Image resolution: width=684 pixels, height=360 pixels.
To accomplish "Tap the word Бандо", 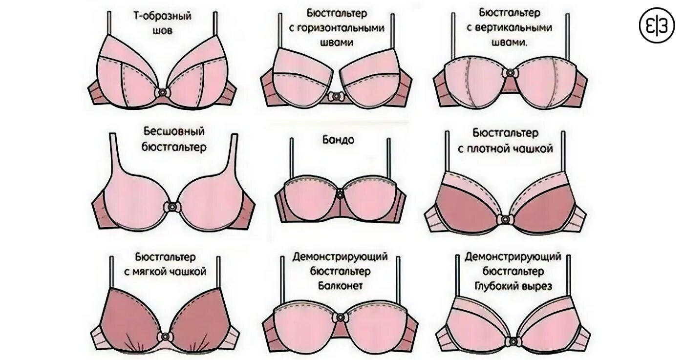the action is click(x=339, y=140).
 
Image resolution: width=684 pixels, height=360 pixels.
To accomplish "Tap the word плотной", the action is click(x=492, y=148).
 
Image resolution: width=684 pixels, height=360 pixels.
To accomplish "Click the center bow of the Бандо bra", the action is click(x=340, y=191).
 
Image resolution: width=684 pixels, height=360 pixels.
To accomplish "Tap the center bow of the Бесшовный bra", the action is click(x=173, y=207).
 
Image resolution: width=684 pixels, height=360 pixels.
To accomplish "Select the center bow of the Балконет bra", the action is click(x=340, y=318).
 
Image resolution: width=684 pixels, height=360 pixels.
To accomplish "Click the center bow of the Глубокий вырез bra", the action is click(x=513, y=340).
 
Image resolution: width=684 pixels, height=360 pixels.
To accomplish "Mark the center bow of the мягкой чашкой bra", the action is click(x=165, y=337).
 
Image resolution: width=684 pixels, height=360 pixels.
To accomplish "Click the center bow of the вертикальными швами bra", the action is click(x=511, y=73).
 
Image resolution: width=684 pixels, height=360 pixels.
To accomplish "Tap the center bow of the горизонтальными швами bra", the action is click(x=335, y=96).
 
